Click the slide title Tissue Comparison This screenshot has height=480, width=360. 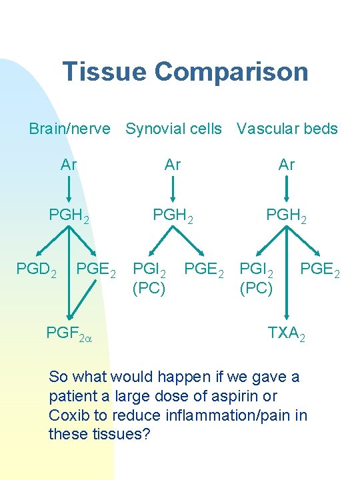point(185,72)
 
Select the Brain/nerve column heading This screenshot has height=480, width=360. point(69,129)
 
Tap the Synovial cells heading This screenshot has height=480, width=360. point(173,129)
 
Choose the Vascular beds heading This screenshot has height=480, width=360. point(287,129)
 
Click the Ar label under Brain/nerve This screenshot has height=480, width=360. point(69,165)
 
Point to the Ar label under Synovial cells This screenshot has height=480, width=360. point(173,165)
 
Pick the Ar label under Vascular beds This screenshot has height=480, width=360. point(286,165)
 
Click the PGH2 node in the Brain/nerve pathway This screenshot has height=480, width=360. point(69,216)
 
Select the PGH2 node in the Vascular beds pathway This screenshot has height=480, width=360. point(287,216)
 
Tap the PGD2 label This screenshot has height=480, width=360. point(36,270)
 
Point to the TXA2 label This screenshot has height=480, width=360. point(287,331)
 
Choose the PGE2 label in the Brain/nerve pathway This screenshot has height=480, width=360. point(97,270)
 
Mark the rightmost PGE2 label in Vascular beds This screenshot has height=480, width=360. point(320,270)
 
